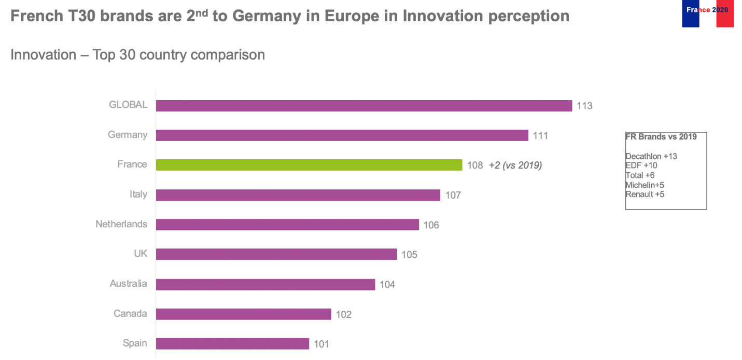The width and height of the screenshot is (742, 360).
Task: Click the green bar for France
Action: point(309,165)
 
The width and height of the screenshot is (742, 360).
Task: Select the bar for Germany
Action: point(342,135)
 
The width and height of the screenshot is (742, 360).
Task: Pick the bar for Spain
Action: point(232,344)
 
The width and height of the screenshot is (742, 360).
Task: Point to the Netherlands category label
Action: point(121,224)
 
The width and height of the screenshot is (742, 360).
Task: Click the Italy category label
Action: point(138,195)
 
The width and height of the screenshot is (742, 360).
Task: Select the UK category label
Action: point(141,254)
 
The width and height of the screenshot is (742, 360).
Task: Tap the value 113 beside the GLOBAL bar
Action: point(584,106)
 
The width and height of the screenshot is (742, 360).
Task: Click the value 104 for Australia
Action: point(387,284)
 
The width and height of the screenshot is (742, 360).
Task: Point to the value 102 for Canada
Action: point(344,314)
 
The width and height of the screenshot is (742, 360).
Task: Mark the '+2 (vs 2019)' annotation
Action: point(515,165)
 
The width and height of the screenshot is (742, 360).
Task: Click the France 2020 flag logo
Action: point(707,13)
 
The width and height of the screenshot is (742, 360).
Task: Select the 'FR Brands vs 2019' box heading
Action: point(661,137)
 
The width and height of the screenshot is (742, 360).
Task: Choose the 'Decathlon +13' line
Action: point(651,156)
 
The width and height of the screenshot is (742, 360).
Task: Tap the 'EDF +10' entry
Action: point(641,165)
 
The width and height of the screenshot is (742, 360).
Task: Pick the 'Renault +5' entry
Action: point(645,195)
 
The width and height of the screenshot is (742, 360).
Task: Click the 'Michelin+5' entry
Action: point(645,185)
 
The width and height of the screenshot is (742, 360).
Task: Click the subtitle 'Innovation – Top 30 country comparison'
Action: point(137,54)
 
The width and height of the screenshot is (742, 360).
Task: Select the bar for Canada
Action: point(244,314)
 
